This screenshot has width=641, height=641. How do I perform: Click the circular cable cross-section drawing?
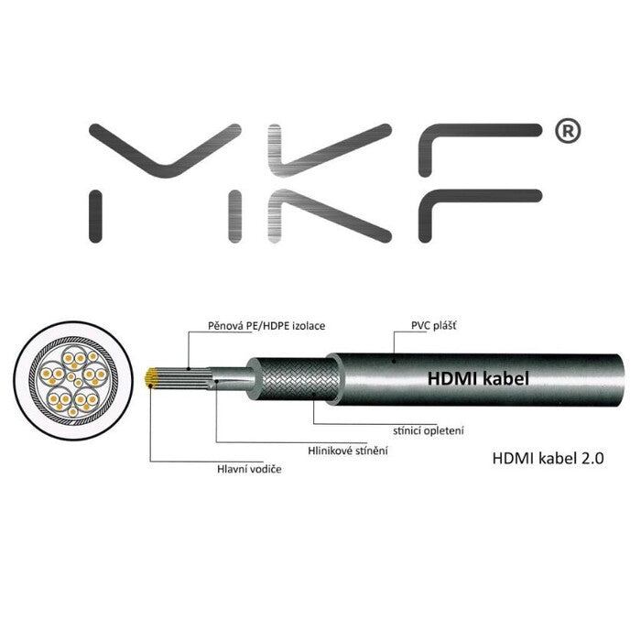69,375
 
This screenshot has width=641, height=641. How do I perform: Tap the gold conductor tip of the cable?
153,375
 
